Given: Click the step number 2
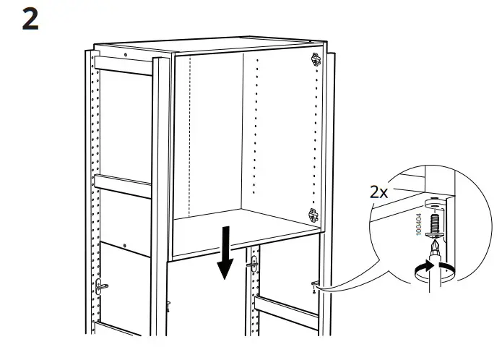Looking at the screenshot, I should (x=30, y=20).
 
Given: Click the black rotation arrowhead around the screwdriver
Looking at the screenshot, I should (x=426, y=266).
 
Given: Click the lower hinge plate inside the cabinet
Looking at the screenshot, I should (x=313, y=215).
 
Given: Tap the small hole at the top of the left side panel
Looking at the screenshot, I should (x=125, y=55).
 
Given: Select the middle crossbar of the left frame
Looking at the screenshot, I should (x=123, y=187).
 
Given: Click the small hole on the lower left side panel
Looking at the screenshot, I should (x=125, y=246).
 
